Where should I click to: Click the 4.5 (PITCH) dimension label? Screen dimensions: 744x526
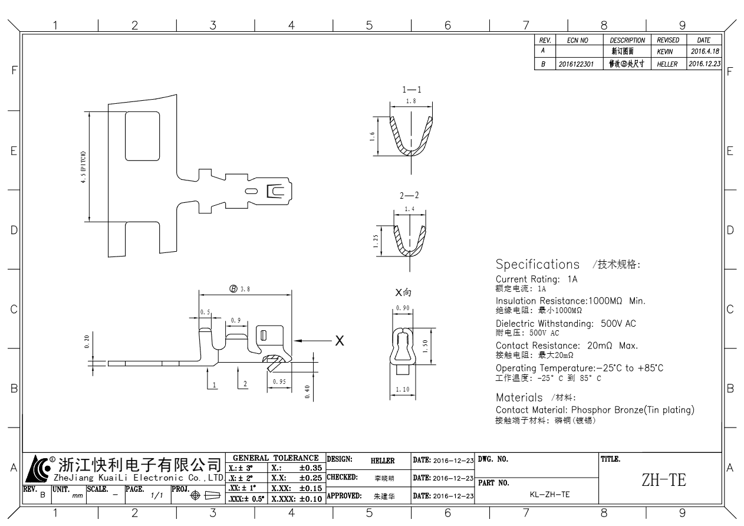click(83, 167)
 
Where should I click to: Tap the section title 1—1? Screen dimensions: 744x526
click(411, 90)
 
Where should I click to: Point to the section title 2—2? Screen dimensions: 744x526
click(409, 195)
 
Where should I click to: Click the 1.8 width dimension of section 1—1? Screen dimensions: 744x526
click(411, 101)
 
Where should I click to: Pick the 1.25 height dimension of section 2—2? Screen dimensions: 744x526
click(376, 241)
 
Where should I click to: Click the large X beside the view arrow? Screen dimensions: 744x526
click(340, 341)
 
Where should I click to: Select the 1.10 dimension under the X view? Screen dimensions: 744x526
click(403, 389)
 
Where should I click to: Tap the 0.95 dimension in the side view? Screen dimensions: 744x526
click(279, 382)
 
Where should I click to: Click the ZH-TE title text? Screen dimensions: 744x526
click(664, 480)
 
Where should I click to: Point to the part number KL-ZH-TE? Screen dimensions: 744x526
click(549, 494)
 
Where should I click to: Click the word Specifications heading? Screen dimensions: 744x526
click(538, 265)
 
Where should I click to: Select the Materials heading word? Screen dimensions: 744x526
click(519, 397)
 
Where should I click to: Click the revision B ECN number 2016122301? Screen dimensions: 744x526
click(576, 64)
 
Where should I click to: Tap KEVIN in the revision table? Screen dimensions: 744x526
click(665, 52)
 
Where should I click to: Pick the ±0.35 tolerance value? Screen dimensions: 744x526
click(311, 468)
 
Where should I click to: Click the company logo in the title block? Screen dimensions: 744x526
click(39, 469)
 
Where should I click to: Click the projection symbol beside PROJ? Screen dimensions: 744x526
click(205, 495)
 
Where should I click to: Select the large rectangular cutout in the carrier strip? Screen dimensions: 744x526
click(143, 136)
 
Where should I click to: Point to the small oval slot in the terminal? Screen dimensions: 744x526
click(251, 191)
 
